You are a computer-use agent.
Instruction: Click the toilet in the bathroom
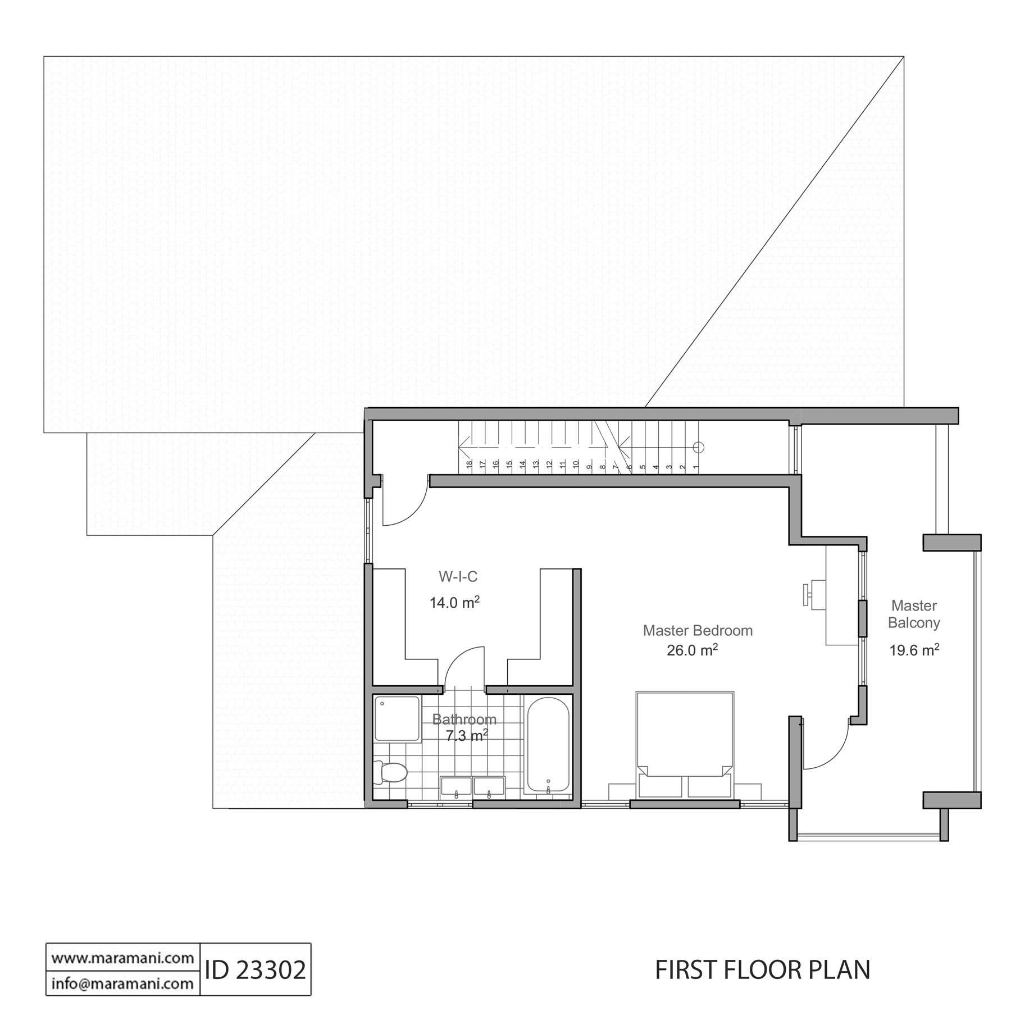tap(389, 772)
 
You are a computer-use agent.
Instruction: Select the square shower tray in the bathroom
tap(397, 719)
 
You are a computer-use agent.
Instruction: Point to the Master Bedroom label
tap(698, 630)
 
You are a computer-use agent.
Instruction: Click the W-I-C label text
tap(458, 576)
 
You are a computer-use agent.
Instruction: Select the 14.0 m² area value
tap(454, 603)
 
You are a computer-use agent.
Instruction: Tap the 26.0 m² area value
tap(693, 650)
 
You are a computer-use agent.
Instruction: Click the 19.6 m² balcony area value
tap(914, 650)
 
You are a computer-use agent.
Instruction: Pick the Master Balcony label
tap(914, 614)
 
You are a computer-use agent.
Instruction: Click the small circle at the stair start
tap(698, 448)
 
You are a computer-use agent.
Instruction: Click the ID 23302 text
tap(256, 969)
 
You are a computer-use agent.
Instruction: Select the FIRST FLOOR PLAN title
tap(763, 969)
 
